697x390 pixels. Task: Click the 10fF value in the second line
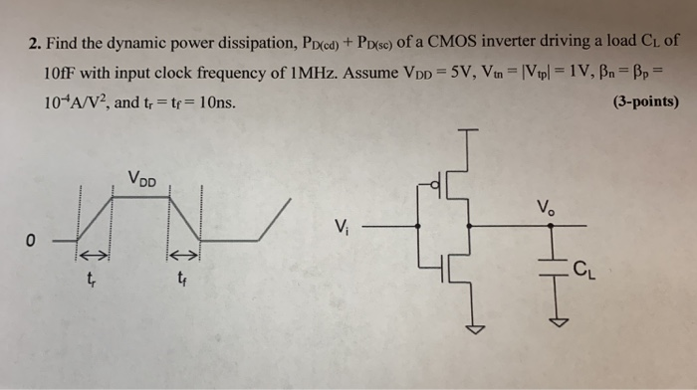click(x=63, y=73)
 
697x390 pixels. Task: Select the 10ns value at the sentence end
click(x=216, y=100)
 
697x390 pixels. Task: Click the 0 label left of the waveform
click(x=31, y=240)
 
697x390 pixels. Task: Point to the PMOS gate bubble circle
click(x=435, y=184)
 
